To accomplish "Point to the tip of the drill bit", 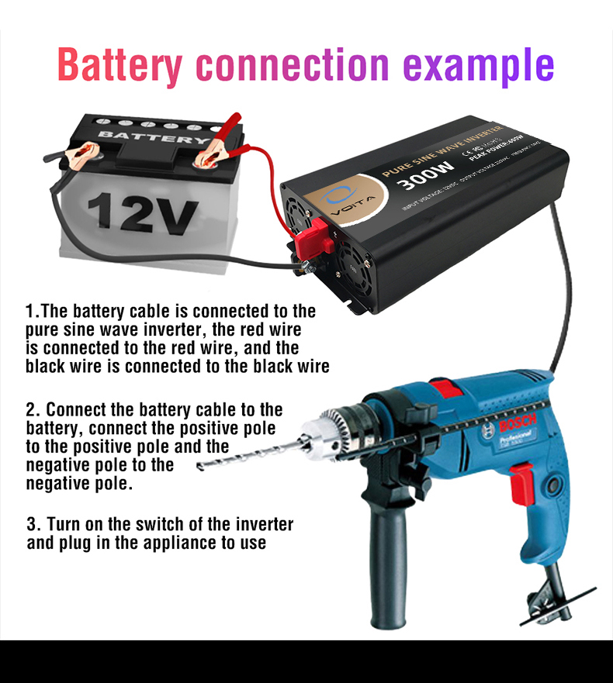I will [x=200, y=467].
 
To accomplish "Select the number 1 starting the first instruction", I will [x=30, y=312].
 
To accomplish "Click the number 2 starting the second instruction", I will [x=31, y=409].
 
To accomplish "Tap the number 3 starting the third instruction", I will [x=32, y=524].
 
